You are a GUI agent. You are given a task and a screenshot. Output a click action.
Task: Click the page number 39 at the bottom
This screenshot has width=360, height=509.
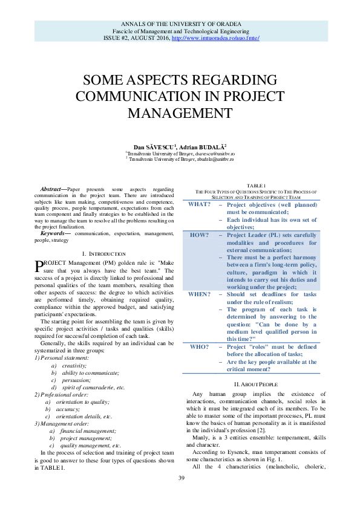tap(180, 479)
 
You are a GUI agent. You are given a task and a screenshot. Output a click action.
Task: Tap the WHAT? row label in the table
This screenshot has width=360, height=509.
tap(199, 204)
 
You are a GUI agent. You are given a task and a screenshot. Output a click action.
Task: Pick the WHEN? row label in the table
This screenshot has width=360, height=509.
tap(199, 294)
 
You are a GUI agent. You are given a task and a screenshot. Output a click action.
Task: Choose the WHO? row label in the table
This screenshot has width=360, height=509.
tap(199, 347)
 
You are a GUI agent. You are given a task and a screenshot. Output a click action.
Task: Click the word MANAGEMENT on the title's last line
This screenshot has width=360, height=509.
tap(180, 112)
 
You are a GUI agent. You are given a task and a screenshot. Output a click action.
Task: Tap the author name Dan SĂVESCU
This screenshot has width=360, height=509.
tap(155, 147)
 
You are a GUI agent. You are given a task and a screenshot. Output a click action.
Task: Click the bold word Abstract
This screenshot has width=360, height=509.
tap(53, 189)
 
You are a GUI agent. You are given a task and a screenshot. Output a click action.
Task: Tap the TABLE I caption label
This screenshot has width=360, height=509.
tap(255, 185)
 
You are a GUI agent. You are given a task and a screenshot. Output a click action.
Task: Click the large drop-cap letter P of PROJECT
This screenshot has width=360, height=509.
tap(39, 266)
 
